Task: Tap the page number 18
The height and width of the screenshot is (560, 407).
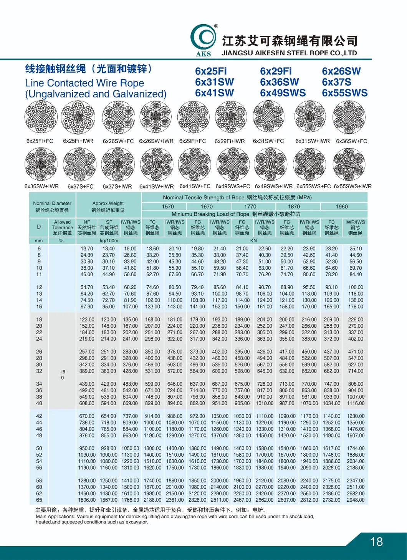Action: (x=376, y=542)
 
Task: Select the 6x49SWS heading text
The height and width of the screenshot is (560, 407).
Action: (x=283, y=93)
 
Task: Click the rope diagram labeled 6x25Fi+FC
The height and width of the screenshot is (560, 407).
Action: (x=41, y=118)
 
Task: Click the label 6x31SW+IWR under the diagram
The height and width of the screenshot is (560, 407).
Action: (x=313, y=141)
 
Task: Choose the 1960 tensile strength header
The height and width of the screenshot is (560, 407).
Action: (x=342, y=206)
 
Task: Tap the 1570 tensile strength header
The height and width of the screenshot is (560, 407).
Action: (x=168, y=206)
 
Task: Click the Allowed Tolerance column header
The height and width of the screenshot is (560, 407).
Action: (x=62, y=227)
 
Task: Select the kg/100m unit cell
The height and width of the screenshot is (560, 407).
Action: (x=109, y=241)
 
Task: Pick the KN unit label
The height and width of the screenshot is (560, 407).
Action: (x=253, y=241)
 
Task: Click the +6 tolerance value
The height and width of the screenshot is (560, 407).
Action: (x=62, y=372)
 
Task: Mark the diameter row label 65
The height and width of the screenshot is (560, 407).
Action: (x=39, y=500)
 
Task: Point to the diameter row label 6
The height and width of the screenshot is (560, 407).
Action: (x=39, y=249)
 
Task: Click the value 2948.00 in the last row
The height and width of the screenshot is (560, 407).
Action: (x=356, y=500)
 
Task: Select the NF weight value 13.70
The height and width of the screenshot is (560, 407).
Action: (x=87, y=249)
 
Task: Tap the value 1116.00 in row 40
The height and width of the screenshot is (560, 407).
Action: (x=356, y=403)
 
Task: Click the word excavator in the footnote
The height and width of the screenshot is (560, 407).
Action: (x=136, y=522)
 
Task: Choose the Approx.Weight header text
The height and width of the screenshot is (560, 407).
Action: (x=108, y=203)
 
